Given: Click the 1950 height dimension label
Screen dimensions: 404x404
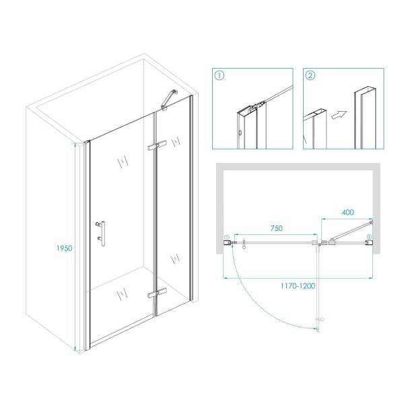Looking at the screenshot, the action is (x=65, y=248).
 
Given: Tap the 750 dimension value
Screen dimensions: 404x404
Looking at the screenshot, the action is (x=276, y=228).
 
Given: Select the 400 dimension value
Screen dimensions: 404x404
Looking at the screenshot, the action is (x=347, y=212).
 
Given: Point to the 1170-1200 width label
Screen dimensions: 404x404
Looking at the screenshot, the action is (x=298, y=285).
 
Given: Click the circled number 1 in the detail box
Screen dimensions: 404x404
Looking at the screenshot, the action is (x=220, y=75).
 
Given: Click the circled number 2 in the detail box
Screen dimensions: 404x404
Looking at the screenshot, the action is (x=310, y=75).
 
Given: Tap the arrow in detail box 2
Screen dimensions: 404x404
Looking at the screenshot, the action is (x=338, y=114).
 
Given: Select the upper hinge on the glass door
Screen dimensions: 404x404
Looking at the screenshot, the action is (x=157, y=145).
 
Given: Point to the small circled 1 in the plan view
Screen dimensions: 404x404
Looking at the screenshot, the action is (x=226, y=237).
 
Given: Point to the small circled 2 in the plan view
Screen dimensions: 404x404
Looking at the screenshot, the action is (x=369, y=236).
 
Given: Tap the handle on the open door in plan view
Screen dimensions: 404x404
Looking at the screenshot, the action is (x=319, y=320).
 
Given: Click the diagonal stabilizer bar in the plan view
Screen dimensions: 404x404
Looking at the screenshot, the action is (x=351, y=230).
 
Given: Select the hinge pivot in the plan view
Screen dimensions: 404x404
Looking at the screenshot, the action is (x=319, y=244).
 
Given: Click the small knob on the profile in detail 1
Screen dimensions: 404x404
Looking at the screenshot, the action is (x=240, y=133).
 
